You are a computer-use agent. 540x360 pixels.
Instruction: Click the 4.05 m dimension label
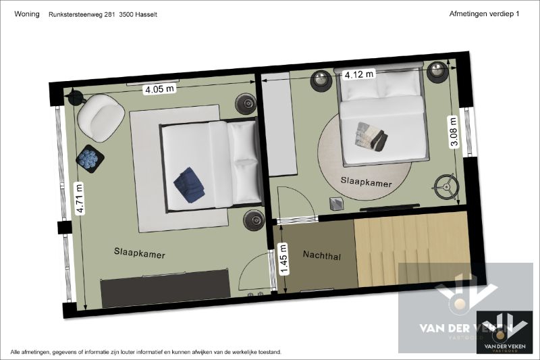pyautogui.click(x=159, y=88)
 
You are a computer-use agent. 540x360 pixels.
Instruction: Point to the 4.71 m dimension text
pyautogui.click(x=80, y=199)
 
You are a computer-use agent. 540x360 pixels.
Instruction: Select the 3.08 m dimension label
pyautogui.click(x=453, y=132)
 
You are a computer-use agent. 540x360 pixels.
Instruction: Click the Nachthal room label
pyautogui.click(x=321, y=255)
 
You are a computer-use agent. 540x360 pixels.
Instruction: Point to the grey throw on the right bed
pyautogui.click(x=371, y=136)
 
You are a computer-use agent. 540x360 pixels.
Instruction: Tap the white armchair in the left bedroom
pyautogui.click(x=100, y=117)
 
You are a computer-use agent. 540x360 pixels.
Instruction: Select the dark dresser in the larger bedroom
pyautogui.click(x=165, y=289)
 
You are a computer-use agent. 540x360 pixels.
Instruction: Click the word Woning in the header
pyautogui.click(x=26, y=14)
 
